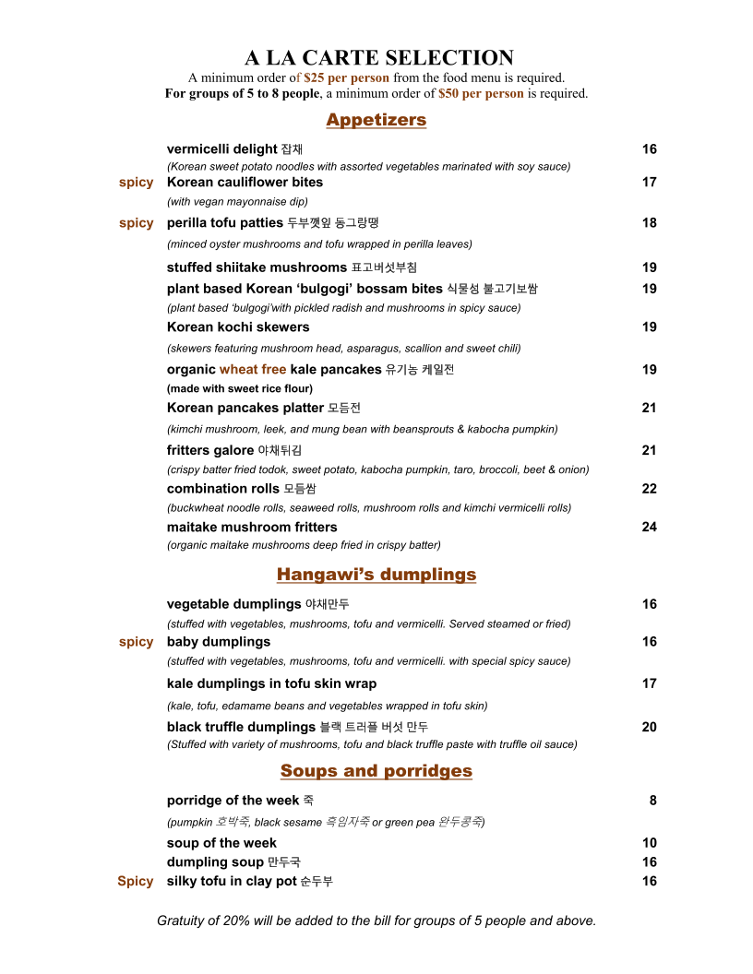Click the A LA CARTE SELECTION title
378,58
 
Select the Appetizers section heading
376,120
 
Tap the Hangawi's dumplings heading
376,575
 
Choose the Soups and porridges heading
376,771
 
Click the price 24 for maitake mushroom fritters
649,528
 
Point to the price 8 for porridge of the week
652,801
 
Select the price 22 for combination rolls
649,489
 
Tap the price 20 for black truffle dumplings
649,727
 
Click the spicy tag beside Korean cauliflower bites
136,183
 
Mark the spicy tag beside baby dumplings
136,642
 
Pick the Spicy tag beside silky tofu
135,882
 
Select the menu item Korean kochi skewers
238,327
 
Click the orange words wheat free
253,370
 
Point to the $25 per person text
346,78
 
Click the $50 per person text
481,93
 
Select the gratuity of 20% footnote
376,921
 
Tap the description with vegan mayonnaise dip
237,201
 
